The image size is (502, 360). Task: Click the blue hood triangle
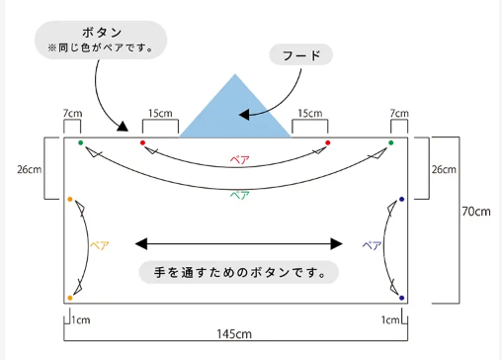point(235,112)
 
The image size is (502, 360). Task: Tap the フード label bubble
point(301,54)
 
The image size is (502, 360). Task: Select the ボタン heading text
point(102,33)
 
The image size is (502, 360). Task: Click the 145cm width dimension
point(234,334)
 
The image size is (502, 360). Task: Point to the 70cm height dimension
point(476,212)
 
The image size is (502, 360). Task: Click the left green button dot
point(81,142)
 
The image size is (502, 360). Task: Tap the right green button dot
point(391,142)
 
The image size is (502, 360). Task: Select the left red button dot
point(142,142)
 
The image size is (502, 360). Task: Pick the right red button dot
point(328,142)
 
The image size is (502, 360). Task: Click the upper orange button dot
point(70,199)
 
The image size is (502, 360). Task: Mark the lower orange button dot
point(70,298)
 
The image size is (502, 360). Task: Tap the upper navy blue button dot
point(401,199)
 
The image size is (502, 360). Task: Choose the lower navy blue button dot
point(401,298)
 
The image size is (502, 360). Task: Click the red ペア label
point(239,160)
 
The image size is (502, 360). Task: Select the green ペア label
point(239,195)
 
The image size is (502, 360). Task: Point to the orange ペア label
point(100,245)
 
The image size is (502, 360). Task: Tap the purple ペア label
point(372,245)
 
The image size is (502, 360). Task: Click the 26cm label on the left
point(30,169)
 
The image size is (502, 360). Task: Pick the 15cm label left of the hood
point(160,114)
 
